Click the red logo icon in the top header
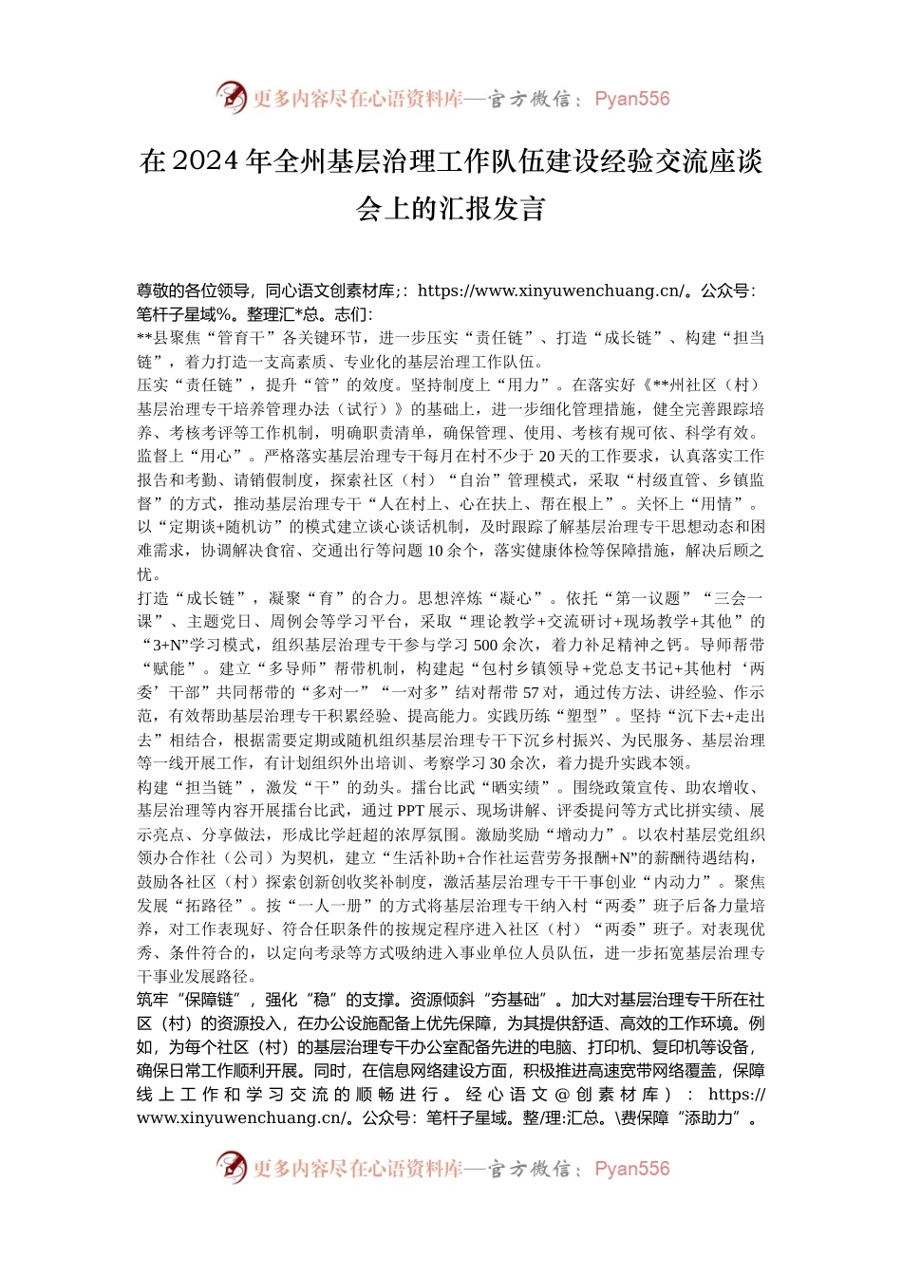(231, 98)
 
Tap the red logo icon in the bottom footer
(231, 1168)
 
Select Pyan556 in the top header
(631, 99)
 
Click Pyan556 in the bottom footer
(631, 1169)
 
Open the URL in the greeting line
(551, 291)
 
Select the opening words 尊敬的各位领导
(194, 291)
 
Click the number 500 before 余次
(486, 646)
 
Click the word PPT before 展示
(410, 811)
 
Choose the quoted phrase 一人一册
(333, 906)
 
